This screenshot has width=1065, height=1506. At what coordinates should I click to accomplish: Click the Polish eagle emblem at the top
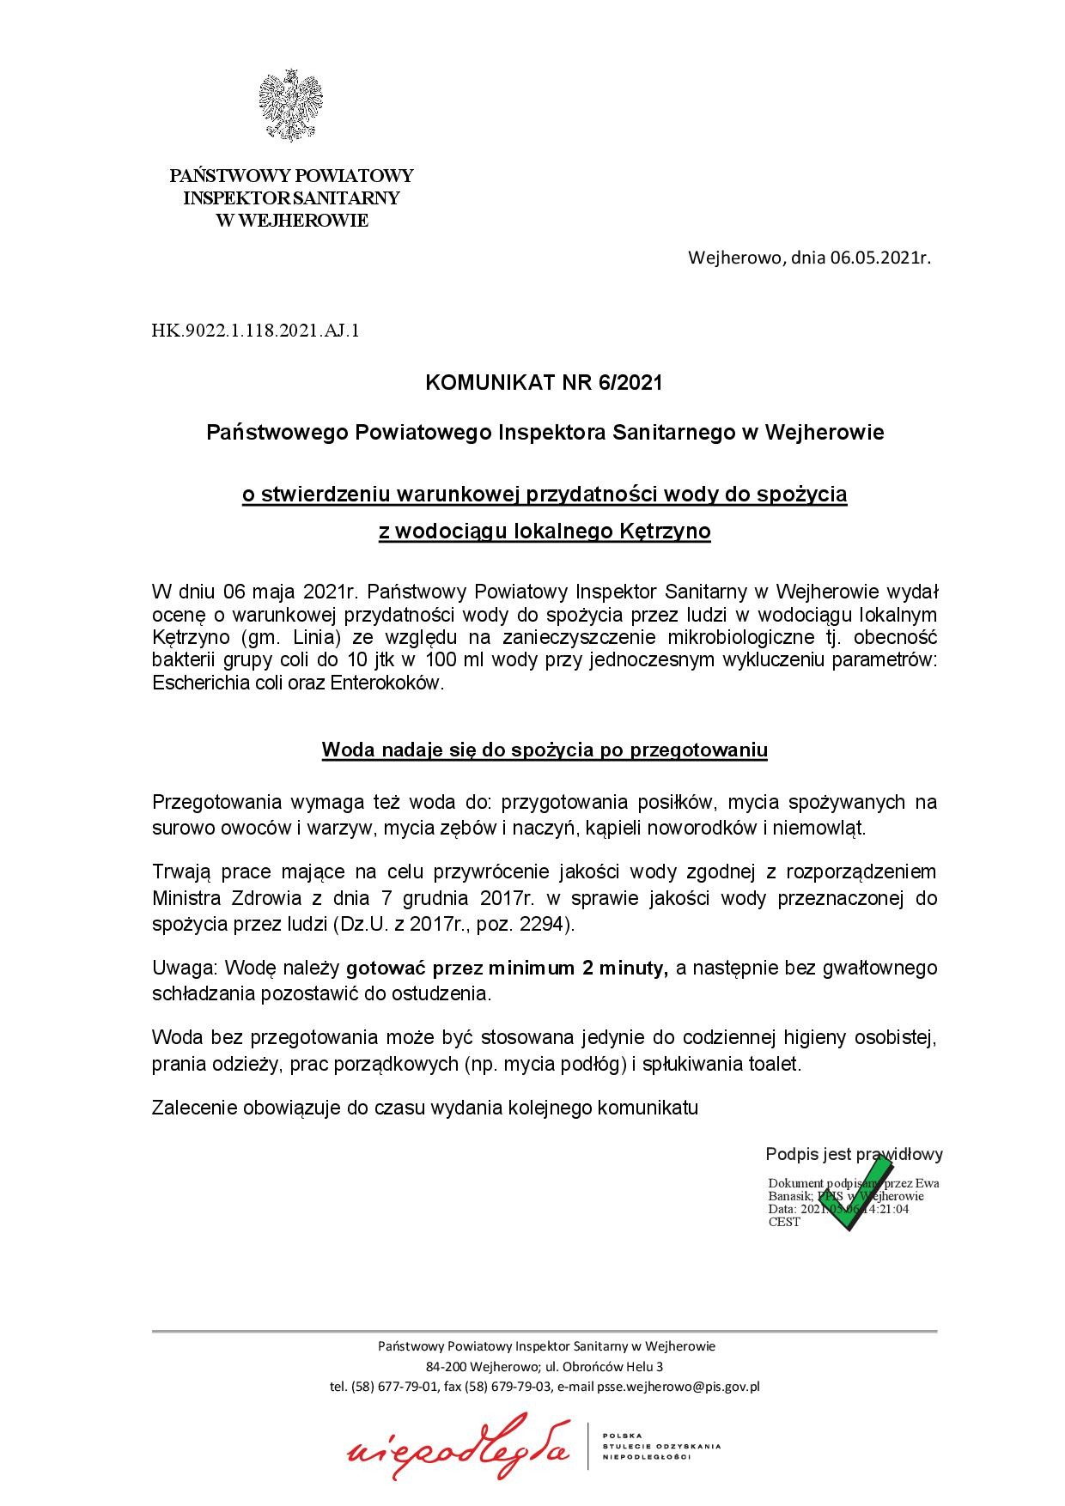[x=291, y=107]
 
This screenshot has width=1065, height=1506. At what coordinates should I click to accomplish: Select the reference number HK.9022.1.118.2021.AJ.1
[x=255, y=329]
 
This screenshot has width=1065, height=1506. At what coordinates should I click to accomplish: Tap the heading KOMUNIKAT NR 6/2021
[x=545, y=383]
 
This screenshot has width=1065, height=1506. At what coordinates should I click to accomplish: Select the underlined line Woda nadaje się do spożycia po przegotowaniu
[x=545, y=750]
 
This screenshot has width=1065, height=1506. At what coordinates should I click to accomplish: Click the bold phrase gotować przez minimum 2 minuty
[x=507, y=969]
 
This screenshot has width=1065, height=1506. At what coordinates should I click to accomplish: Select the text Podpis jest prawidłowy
[x=854, y=1155]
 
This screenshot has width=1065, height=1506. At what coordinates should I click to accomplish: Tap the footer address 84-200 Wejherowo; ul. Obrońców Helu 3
[x=545, y=1366]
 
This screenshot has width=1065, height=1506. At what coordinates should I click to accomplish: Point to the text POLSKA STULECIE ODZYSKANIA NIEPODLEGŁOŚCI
[x=661, y=1446]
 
